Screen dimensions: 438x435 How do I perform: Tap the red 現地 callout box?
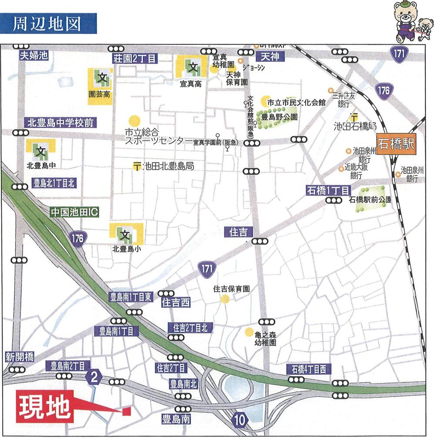[x=45, y=407]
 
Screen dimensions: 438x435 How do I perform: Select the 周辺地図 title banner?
[x=47, y=24]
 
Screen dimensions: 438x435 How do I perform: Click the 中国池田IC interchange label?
[x=74, y=212]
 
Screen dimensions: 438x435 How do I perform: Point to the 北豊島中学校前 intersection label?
[x=60, y=123]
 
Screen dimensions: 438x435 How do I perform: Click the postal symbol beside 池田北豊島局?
[x=137, y=166]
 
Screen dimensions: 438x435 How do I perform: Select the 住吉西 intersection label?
[x=176, y=302]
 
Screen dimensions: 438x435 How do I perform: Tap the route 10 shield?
[x=240, y=420]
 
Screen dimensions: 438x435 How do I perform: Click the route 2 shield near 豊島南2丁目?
[x=93, y=376]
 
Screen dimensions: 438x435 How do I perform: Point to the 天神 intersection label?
[x=270, y=56]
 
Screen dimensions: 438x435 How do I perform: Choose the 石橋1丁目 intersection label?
[x=328, y=190]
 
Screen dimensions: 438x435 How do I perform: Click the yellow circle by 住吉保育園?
[x=225, y=299]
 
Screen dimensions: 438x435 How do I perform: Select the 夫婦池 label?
[x=33, y=55]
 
